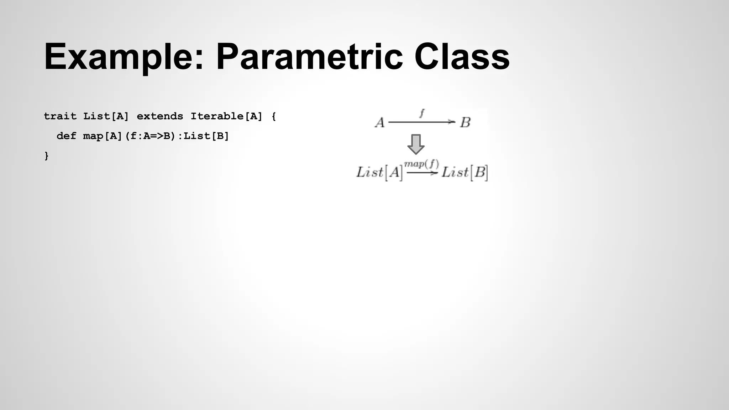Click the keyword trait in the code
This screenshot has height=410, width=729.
[60, 116]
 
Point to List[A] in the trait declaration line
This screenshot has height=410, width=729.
[106, 116]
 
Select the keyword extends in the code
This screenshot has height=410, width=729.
[160, 116]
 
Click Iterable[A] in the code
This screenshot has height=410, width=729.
[226, 116]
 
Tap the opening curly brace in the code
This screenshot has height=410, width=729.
[273, 116]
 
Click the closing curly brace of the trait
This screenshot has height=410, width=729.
[46, 156]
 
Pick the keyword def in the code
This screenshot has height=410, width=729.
[66, 136]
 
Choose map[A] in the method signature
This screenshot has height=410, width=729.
[103, 136]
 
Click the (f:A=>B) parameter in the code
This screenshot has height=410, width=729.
[151, 136]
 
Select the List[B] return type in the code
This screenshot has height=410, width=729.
[206, 136]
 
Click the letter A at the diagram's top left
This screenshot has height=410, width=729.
[380, 123]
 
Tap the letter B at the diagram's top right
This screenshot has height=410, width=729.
[465, 123]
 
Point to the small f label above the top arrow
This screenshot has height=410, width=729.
[422, 113]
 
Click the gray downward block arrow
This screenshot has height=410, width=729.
[416, 144]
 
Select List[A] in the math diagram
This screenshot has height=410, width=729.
[379, 173]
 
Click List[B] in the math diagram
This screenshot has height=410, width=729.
[465, 173]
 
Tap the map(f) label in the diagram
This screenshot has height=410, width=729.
[421, 164]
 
